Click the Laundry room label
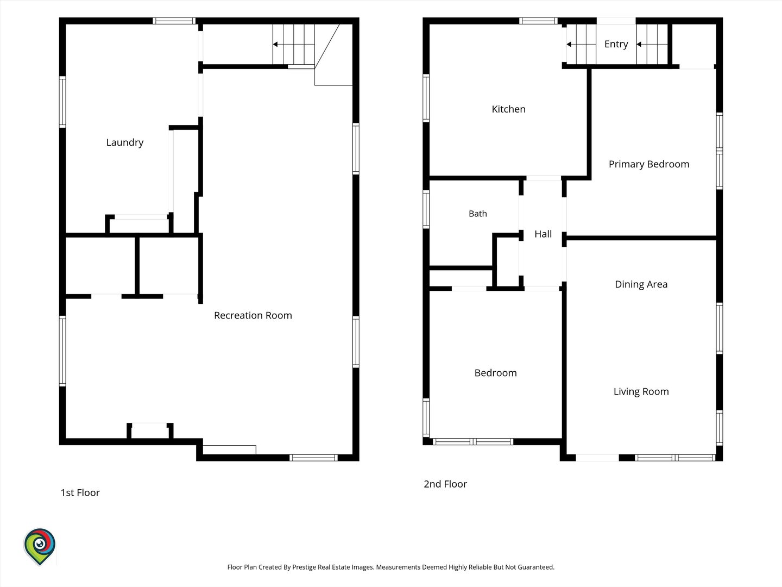pos(125,142)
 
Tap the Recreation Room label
pos(253,315)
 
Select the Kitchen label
pos(508,109)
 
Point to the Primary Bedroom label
pos(649,164)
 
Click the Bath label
pos(478,214)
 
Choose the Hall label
pos(543,234)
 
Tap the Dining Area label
pos(641,284)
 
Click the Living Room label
pos(641,392)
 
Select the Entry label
pos(616,44)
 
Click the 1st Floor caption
pos(80,492)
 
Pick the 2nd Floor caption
pos(445,484)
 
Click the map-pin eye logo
pos(40,546)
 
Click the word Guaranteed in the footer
pos(536,567)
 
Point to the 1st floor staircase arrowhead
pos(275,44)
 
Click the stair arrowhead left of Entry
pos(569,44)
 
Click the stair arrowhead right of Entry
pos(639,44)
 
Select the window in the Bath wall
pos(426,209)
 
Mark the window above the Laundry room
pos(174,21)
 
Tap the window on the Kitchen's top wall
pos(538,21)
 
